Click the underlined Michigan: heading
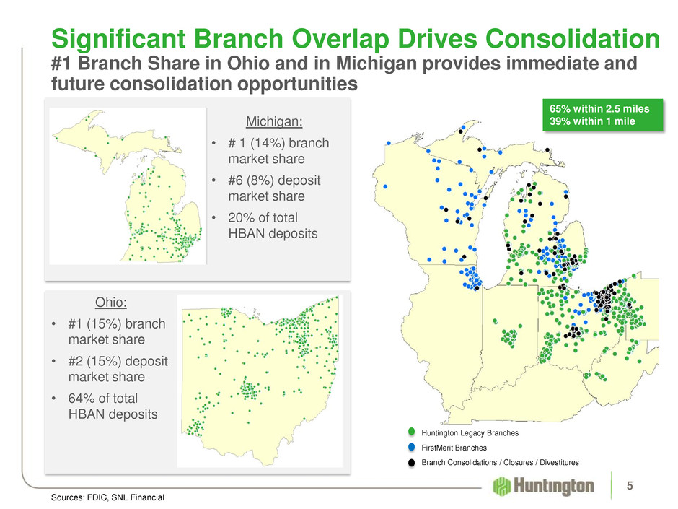(x=274, y=121)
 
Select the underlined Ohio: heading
(x=111, y=302)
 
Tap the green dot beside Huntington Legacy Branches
(x=411, y=432)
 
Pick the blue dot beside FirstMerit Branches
(x=411, y=447)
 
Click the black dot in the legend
(x=411, y=462)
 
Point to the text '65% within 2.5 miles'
(x=599, y=108)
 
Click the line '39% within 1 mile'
(x=592, y=121)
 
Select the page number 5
(x=630, y=486)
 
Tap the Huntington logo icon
(x=501, y=486)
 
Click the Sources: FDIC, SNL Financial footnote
(x=107, y=497)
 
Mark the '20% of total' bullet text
(x=263, y=217)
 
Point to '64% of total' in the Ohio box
(x=103, y=399)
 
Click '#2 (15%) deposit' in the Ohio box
(x=118, y=361)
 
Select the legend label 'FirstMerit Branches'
(x=454, y=448)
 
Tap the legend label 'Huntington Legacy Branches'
(x=470, y=432)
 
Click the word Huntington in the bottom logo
(x=553, y=486)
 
